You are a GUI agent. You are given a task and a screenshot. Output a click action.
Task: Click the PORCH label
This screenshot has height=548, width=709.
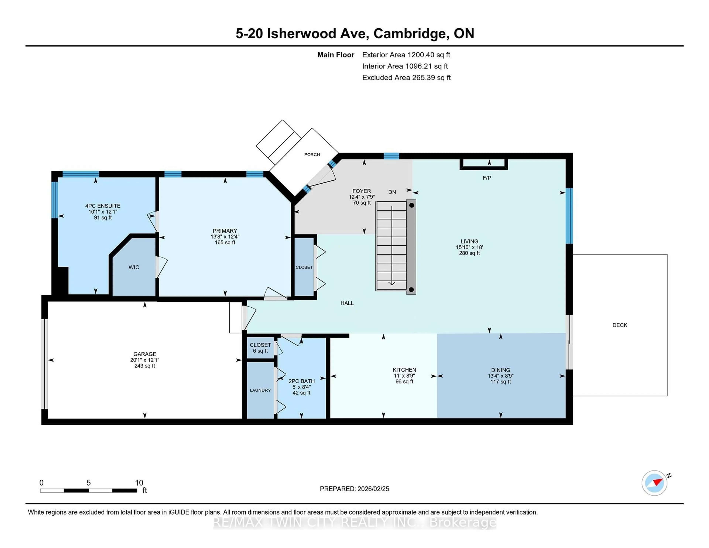click(x=312, y=155)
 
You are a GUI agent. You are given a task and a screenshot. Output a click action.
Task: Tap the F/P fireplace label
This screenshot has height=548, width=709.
click(x=487, y=178)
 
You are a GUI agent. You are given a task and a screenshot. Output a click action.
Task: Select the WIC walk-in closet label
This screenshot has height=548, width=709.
click(x=134, y=267)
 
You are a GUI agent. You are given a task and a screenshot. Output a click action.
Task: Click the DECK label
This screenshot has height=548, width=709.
click(x=619, y=325)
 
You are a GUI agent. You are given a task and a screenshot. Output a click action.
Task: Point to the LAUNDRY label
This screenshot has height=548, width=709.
click(x=260, y=390)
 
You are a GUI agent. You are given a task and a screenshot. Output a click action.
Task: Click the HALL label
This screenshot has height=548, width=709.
click(x=347, y=303)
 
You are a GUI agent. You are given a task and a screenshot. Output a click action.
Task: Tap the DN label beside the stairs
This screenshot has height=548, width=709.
click(x=392, y=192)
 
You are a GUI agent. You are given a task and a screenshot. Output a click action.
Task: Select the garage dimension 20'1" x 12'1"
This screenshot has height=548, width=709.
click(x=145, y=360)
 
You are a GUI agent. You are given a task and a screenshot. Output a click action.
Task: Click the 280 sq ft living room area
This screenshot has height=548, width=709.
click(x=469, y=253)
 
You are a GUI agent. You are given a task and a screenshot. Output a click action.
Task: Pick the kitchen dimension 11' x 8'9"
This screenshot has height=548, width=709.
click(x=404, y=376)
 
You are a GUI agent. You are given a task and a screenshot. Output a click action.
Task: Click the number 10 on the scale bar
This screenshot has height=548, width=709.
click(x=139, y=483)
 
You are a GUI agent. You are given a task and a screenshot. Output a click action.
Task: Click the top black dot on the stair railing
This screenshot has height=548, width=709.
click(x=411, y=205)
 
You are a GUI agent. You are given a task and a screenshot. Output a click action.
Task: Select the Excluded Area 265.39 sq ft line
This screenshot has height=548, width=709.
click(x=406, y=78)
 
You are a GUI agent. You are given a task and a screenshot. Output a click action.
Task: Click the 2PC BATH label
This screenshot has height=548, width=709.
click(x=301, y=381)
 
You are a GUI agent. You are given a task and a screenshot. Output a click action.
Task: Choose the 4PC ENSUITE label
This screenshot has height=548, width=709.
click(x=103, y=206)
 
